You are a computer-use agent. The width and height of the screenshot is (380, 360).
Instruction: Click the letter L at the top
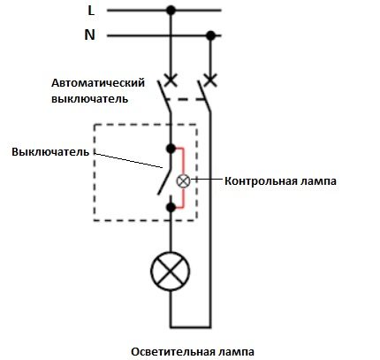91,11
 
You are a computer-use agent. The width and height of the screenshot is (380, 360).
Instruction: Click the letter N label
90,35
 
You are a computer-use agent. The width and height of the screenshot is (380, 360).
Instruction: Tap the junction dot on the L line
171,11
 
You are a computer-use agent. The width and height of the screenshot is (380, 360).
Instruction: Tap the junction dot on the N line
211,35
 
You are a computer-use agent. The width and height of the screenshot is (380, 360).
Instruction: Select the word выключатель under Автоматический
89,98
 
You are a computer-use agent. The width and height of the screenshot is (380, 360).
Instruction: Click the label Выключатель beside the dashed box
50,151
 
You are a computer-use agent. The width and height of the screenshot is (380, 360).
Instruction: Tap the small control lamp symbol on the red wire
184,180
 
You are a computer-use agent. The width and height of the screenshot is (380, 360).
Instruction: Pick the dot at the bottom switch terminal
171,207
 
